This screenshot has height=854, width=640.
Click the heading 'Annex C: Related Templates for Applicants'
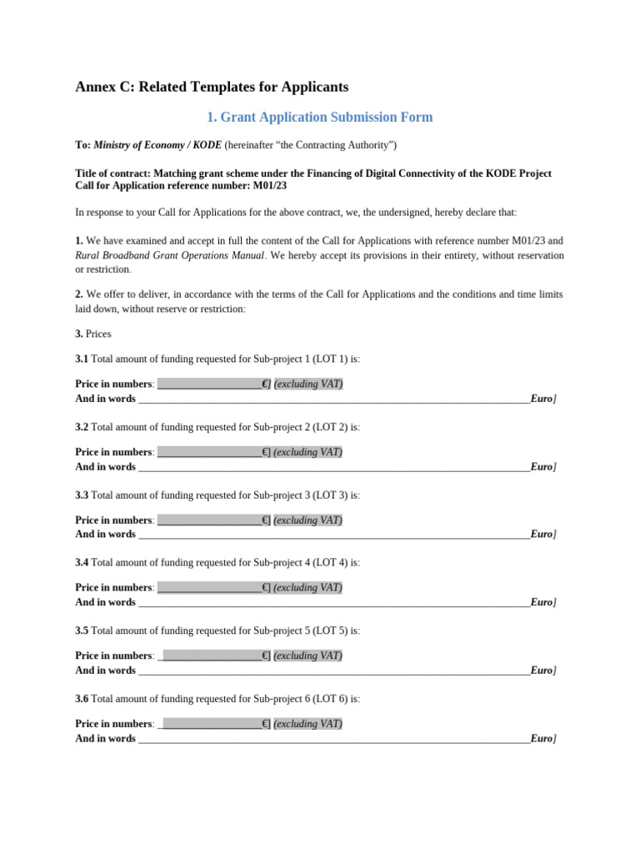[x=212, y=87]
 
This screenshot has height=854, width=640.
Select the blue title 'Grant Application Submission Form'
[x=319, y=118]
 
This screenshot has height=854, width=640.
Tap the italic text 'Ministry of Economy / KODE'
[x=157, y=145]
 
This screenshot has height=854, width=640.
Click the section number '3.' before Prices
[x=79, y=334]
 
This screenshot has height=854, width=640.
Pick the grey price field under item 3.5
[x=212, y=656]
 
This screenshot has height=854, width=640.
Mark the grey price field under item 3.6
[x=212, y=724]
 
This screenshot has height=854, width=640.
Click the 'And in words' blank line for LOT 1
[x=333, y=399]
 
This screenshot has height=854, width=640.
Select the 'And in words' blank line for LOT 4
[x=333, y=603]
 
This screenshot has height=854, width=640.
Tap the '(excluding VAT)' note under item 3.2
[x=308, y=452]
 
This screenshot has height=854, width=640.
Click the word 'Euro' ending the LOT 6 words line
[x=541, y=739]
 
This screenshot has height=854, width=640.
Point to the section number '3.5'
[x=82, y=630]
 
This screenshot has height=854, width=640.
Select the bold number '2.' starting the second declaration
[x=79, y=294]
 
